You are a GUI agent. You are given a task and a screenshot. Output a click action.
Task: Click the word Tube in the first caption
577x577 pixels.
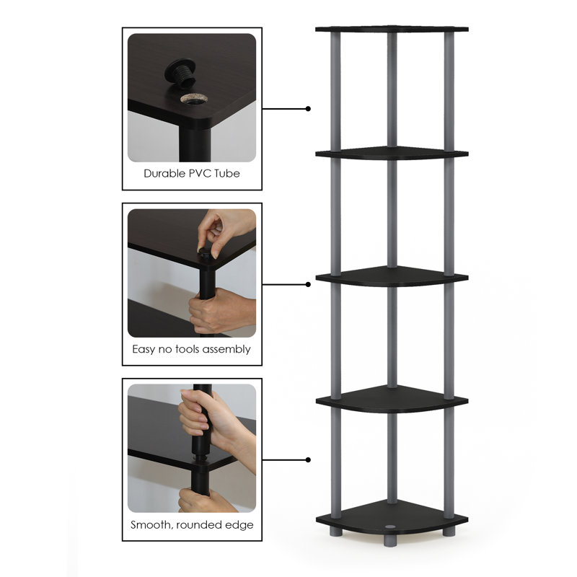pyautogui.click(x=227, y=174)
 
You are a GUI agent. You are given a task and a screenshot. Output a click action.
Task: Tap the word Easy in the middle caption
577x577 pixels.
pyautogui.click(x=144, y=349)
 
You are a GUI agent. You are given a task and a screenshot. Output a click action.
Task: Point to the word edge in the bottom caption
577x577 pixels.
pyautogui.click(x=240, y=524)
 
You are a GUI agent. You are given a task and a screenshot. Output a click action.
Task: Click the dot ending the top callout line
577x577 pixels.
pyautogui.click(x=308, y=109)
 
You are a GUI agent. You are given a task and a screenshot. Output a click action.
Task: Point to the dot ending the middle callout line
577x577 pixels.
pyautogui.click(x=308, y=284)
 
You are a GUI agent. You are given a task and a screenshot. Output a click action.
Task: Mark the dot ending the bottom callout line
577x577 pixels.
pyautogui.click(x=308, y=459)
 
